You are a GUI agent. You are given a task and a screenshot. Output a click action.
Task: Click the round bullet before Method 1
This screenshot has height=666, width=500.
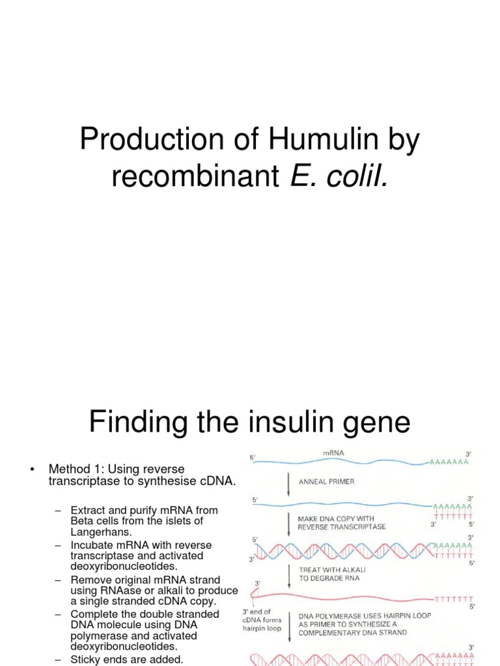pyautogui.click(x=32, y=470)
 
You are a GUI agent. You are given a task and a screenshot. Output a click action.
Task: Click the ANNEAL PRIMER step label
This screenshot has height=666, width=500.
pyautogui.click(x=327, y=482)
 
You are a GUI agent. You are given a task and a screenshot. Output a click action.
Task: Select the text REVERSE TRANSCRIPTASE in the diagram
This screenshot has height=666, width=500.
pyautogui.click(x=341, y=527)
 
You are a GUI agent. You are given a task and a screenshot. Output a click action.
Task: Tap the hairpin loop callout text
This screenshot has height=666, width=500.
pyautogui.click(x=262, y=620)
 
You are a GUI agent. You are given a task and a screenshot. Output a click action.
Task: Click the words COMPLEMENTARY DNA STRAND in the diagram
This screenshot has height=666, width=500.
pyautogui.click(x=352, y=632)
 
